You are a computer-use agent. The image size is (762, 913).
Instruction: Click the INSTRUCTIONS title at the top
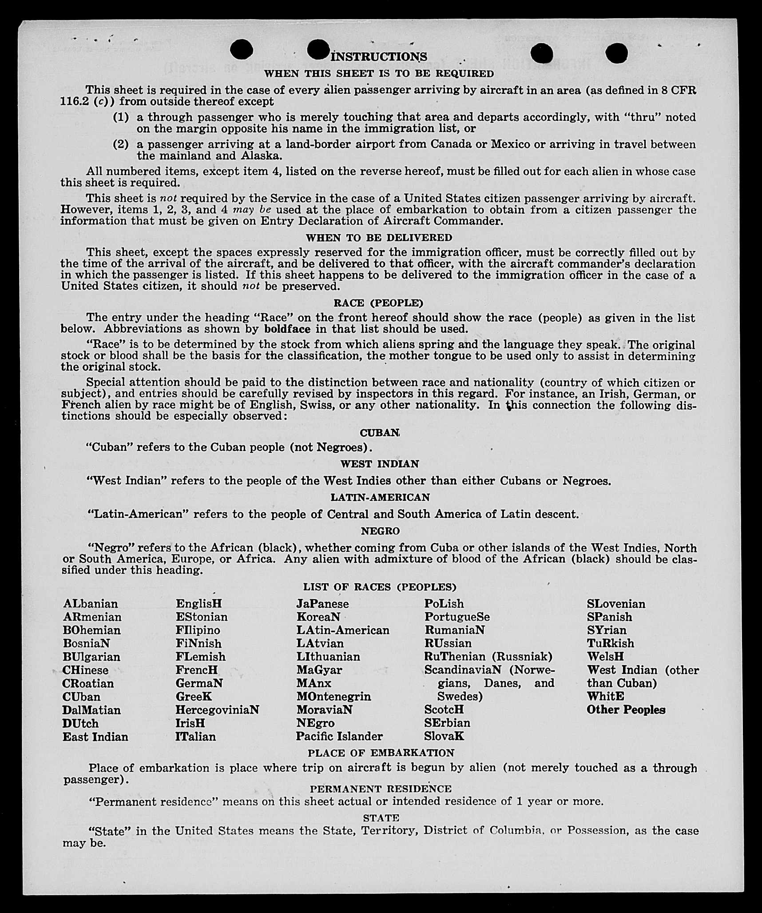click(379, 57)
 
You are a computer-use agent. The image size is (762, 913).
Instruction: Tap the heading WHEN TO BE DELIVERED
click(379, 238)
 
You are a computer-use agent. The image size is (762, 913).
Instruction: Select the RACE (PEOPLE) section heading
click(378, 303)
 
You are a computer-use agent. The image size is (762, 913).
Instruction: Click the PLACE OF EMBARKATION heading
click(381, 753)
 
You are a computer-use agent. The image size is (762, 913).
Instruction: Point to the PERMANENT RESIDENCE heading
click(381, 789)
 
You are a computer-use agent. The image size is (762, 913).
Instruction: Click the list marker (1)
click(121, 117)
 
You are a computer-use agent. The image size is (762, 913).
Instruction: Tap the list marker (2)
click(121, 144)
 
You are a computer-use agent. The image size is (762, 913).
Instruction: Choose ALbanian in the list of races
click(91, 604)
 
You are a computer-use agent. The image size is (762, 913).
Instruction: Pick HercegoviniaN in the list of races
click(217, 710)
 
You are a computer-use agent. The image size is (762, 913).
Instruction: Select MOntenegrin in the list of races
click(333, 696)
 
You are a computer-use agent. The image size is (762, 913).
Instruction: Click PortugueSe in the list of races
click(457, 617)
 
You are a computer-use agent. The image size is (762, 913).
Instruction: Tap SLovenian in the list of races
click(616, 604)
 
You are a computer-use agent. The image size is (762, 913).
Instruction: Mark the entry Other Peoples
click(626, 710)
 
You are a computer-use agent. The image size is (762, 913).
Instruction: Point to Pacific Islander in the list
click(339, 736)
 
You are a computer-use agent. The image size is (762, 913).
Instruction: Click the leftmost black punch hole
click(242, 49)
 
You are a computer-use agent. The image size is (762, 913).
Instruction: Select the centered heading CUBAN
click(380, 433)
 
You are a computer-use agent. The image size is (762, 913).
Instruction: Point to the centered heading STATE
click(381, 818)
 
